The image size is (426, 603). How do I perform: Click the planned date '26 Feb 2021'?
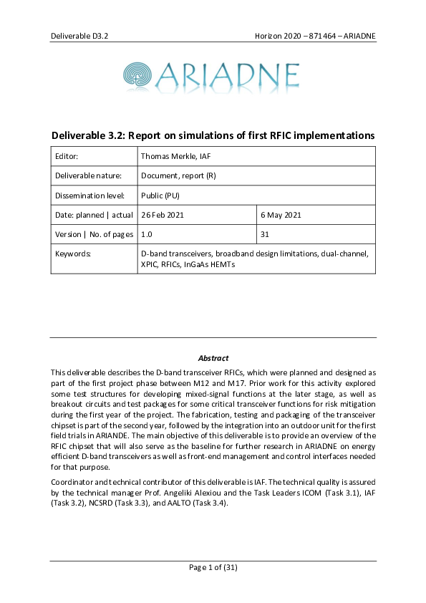pyautogui.click(x=164, y=215)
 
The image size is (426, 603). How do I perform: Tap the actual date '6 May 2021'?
pyautogui.click(x=281, y=215)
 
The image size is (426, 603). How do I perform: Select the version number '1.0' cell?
pyautogui.click(x=147, y=234)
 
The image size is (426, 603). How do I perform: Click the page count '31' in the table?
pyautogui.click(x=265, y=234)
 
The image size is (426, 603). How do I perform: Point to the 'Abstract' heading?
pyautogui.click(x=213, y=358)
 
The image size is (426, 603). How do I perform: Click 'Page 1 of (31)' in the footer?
pyautogui.click(x=213, y=567)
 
